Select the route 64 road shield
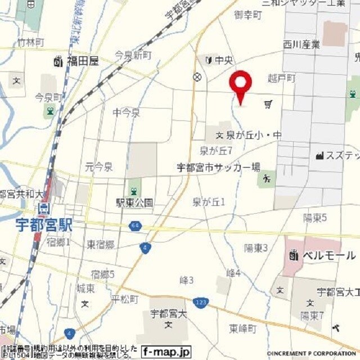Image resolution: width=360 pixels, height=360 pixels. pos(136,226)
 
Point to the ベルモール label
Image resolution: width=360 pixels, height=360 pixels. pos(329,255)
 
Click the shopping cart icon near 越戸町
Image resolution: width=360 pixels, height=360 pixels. pos(268,104)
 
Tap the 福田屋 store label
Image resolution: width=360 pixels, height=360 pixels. pos(82,61)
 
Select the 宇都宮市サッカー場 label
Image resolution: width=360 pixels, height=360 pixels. pos(218,167)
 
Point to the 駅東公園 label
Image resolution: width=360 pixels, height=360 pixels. pos(134,202)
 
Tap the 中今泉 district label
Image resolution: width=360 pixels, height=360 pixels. pos(126,113)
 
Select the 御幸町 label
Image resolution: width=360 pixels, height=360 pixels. pos(248,15)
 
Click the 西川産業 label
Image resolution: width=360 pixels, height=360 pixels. pos(301,44)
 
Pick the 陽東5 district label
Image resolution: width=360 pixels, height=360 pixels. pos(315,218)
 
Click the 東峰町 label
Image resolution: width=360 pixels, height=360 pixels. pos(243,328)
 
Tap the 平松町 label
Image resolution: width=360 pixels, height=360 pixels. pos(124,299)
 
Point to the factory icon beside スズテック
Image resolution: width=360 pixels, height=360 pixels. pos(319,155)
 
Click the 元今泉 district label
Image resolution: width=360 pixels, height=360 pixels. pos(99,166)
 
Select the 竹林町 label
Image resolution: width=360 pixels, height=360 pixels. pos(30,42)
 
